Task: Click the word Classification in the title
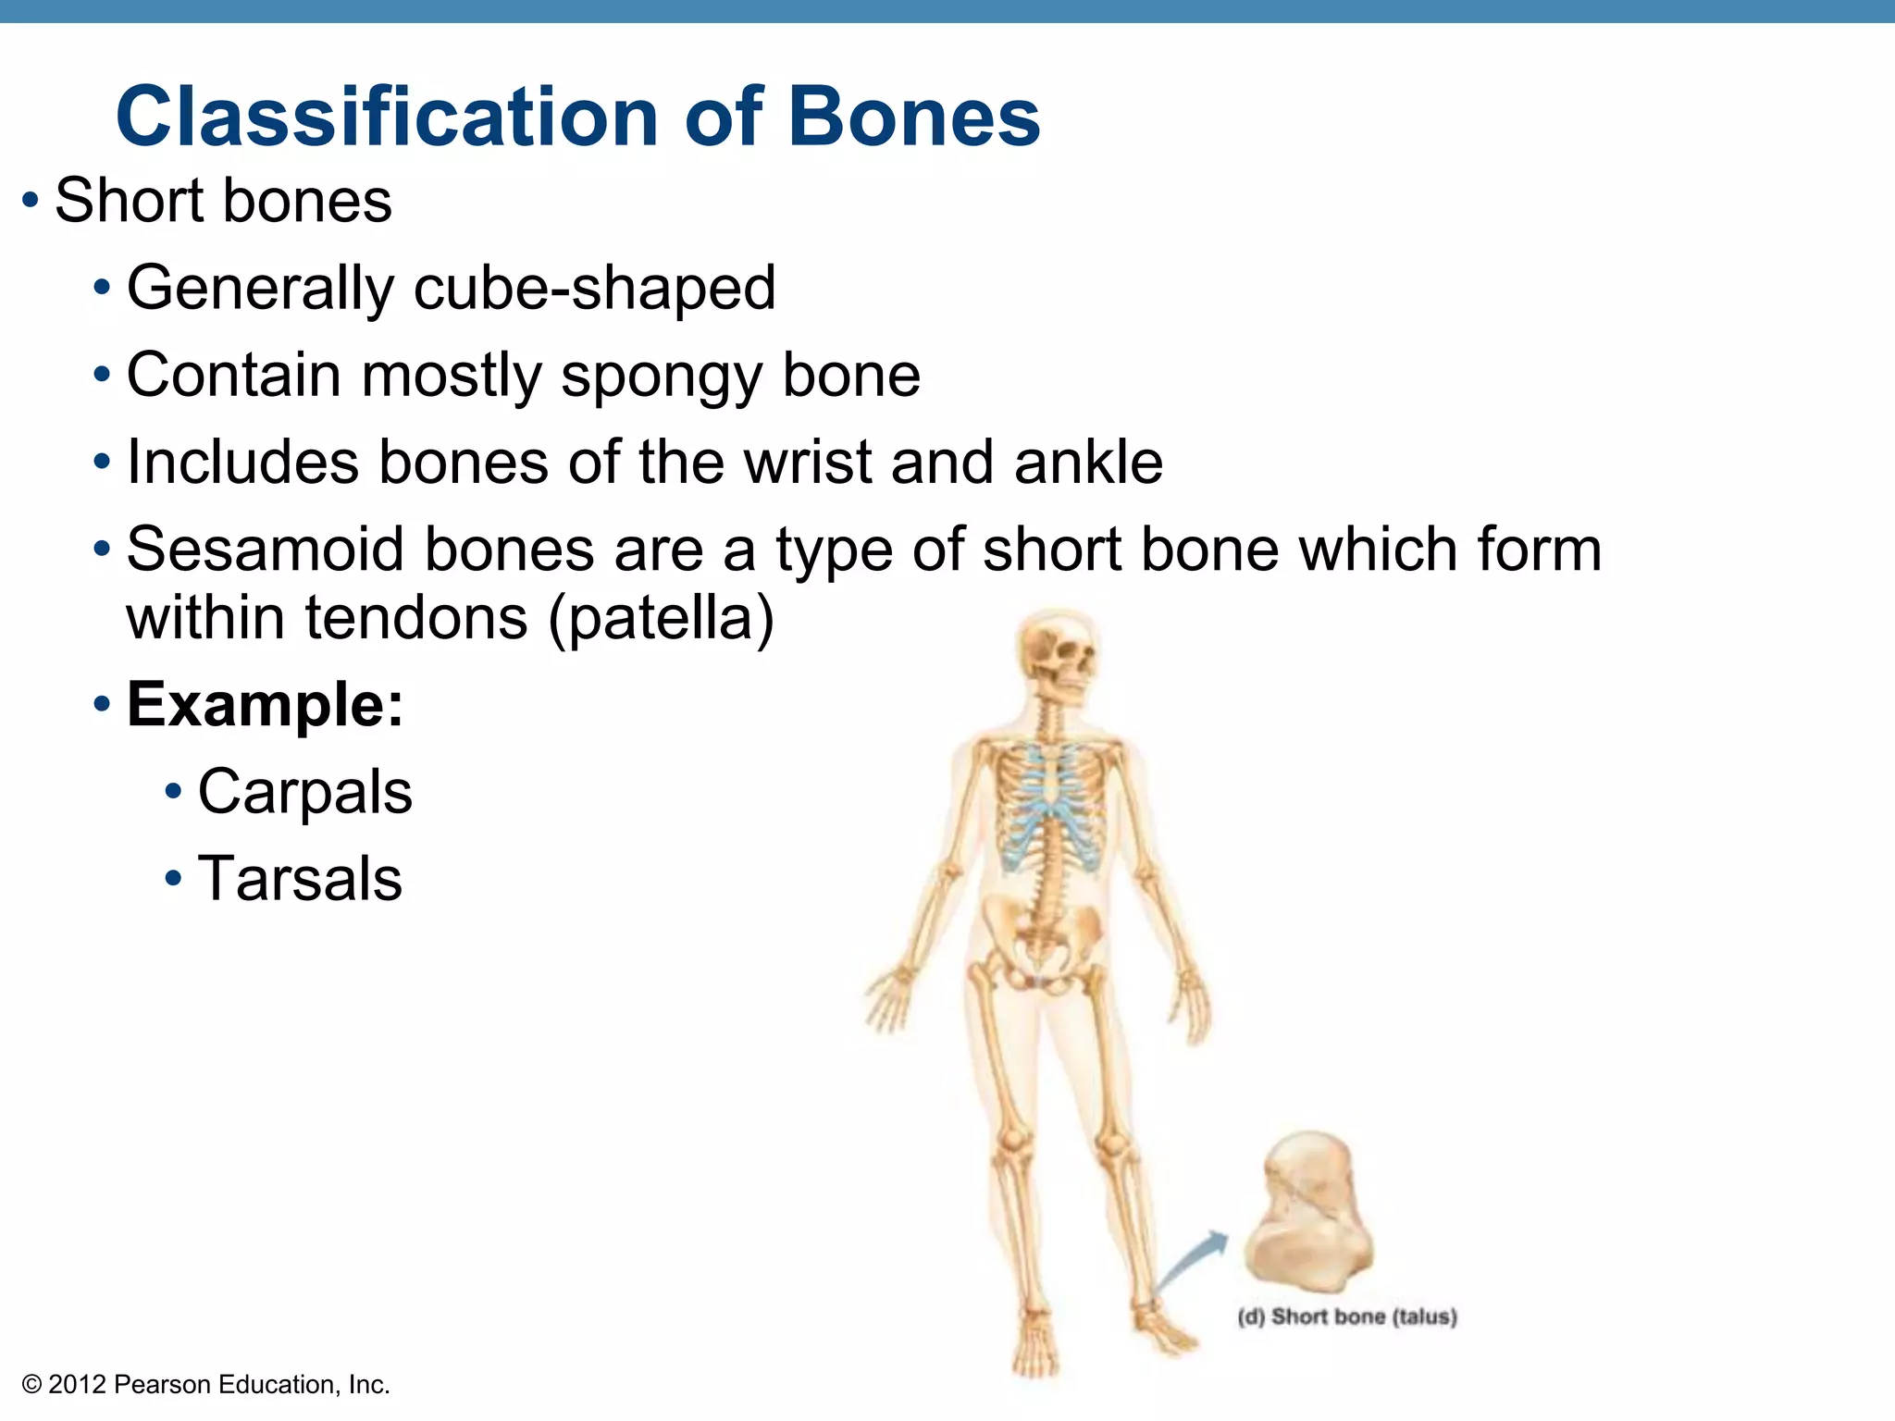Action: click(387, 117)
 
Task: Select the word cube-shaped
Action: click(594, 289)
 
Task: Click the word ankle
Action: click(1088, 462)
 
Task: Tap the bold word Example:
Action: click(265, 705)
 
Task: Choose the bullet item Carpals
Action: click(304, 793)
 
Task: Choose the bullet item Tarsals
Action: click(300, 879)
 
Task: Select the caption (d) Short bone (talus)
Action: click(1346, 1316)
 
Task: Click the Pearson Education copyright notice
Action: click(205, 1385)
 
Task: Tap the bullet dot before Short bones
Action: click(31, 201)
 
